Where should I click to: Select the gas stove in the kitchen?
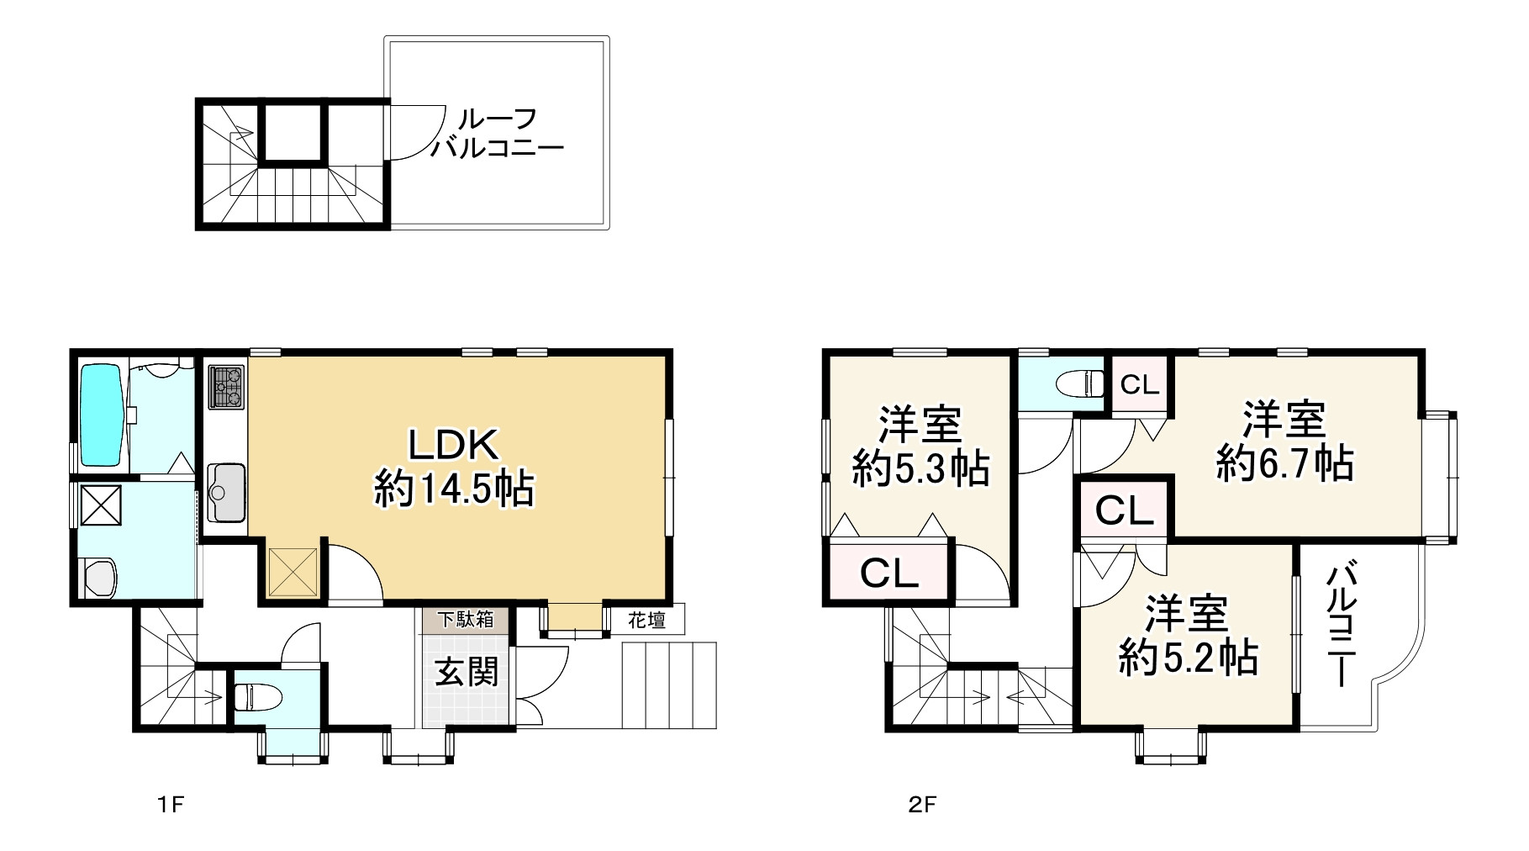click(x=226, y=386)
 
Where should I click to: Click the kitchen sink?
click(x=225, y=492)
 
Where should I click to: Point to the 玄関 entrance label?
click(x=467, y=672)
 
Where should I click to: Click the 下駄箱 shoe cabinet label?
click(x=465, y=621)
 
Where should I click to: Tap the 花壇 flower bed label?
click(x=647, y=621)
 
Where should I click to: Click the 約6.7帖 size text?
click(x=1284, y=464)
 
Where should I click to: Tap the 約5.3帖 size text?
click(x=920, y=468)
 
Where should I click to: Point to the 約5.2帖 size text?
click(x=1187, y=658)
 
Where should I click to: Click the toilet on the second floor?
click(x=1080, y=383)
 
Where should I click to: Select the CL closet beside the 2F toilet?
click(x=1140, y=386)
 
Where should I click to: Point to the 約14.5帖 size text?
click(x=454, y=489)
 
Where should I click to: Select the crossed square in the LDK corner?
click(x=293, y=573)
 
